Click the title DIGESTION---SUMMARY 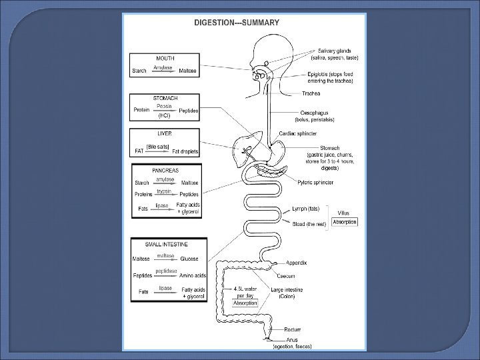(237, 21)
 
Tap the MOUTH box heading (165, 58)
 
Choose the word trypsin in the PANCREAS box (164, 191)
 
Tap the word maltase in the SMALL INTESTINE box (165, 255)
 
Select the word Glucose (189, 259)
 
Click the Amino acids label (193, 275)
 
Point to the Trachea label (311, 93)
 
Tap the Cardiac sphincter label (316, 133)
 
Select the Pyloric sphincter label (317, 182)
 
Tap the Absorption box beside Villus (345, 222)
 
